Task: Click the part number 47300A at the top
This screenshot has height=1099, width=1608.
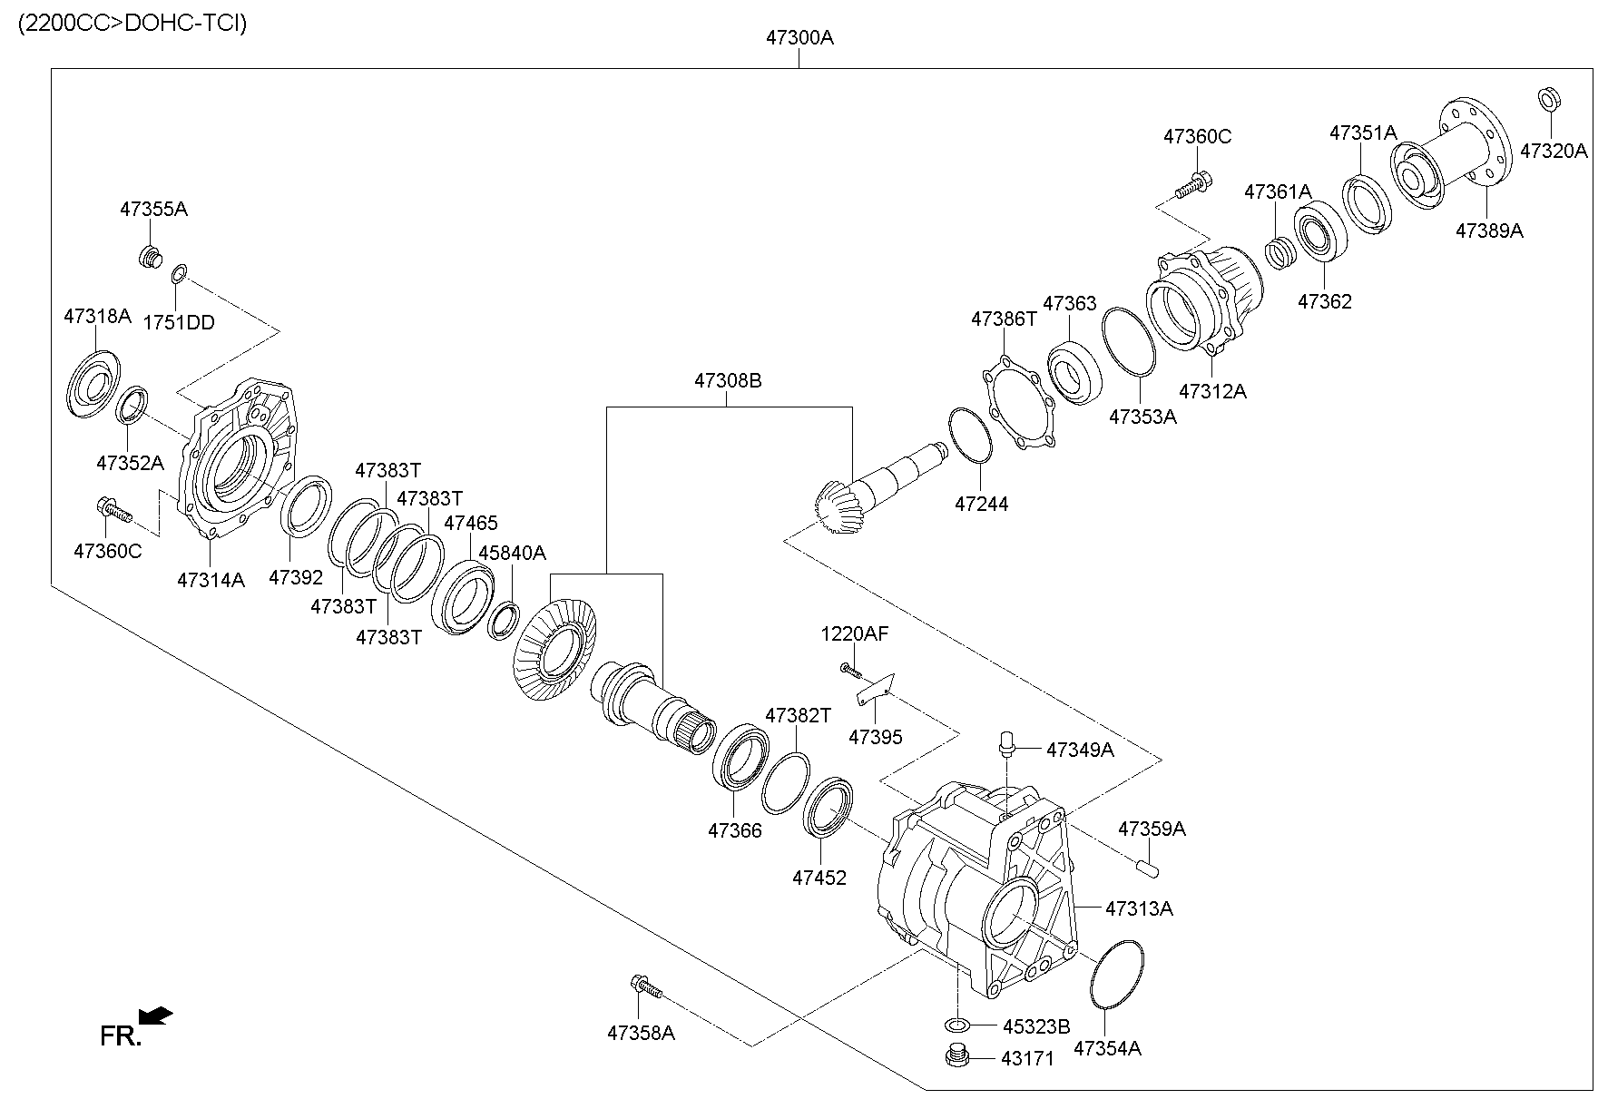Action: (x=799, y=38)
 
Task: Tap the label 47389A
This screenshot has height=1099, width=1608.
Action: (x=1489, y=231)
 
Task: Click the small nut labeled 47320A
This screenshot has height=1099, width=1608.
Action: (x=1549, y=98)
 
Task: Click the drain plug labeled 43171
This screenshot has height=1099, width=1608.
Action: (x=956, y=1057)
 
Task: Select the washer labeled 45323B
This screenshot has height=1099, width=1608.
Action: (x=956, y=1025)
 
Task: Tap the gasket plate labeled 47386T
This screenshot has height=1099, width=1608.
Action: (x=1019, y=404)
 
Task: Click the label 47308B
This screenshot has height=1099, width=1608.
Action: (x=728, y=381)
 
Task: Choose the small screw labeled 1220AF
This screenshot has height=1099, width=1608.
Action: (x=850, y=669)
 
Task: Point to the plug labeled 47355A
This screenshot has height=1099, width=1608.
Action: (x=149, y=257)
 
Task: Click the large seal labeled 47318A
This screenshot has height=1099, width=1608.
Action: (x=93, y=384)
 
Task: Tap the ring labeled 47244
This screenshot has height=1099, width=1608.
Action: (x=970, y=436)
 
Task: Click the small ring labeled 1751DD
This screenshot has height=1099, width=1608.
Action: (x=180, y=270)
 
